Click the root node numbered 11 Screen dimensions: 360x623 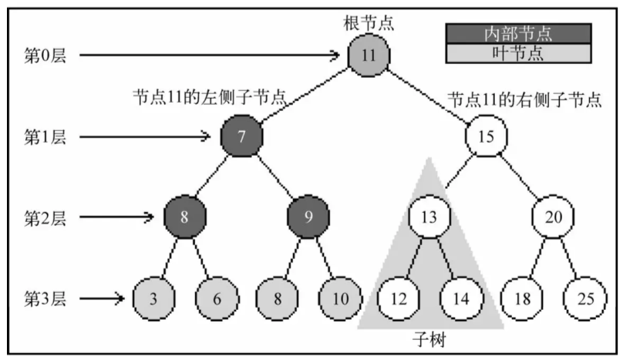tap(369, 56)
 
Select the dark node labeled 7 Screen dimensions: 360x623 tap(242, 137)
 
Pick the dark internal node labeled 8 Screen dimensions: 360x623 tap(184, 217)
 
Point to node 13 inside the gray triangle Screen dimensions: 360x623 tap(429, 217)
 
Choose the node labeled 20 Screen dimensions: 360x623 tap(553, 217)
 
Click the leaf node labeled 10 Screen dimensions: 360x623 tap(339, 297)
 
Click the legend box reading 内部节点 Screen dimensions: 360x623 tap(518, 33)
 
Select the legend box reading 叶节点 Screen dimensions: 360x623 tap(518, 52)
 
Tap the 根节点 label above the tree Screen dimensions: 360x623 tap(369, 22)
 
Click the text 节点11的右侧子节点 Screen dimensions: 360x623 tap(524, 99)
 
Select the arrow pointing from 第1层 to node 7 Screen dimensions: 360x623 tap(146, 137)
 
